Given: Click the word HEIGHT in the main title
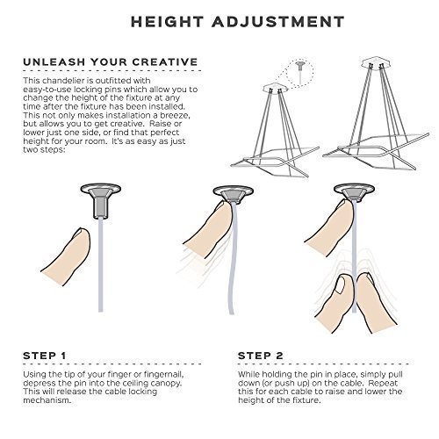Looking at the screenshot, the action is point(167,22).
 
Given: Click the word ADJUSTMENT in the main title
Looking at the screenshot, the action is point(278,22).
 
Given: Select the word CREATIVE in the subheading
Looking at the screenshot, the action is point(165,62).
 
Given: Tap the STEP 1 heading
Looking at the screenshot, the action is point(45,356).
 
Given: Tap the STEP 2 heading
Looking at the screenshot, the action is point(261,356).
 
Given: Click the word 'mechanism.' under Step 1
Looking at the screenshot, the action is point(47,400).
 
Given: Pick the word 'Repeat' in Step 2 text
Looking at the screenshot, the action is point(383,383).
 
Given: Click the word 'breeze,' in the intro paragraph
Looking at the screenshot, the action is point(173,115).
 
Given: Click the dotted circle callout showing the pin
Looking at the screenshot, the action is point(299,72).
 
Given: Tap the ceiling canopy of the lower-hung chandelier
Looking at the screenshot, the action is point(275,88).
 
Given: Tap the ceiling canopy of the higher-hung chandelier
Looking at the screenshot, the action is point(375,62).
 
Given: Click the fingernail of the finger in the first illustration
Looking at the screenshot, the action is point(80,233).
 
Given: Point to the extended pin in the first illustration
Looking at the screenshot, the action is point(101,208).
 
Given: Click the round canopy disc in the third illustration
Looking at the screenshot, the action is point(355,190).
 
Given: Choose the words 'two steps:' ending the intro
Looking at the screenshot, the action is point(44,150).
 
